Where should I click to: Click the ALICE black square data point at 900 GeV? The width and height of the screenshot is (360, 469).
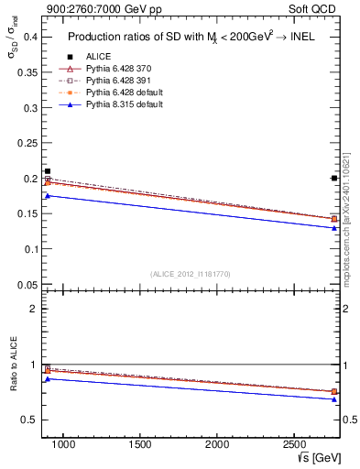(x=48, y=171)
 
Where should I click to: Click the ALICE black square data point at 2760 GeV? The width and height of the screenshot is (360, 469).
(x=334, y=178)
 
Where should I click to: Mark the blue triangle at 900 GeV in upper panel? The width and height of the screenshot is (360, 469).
(x=48, y=195)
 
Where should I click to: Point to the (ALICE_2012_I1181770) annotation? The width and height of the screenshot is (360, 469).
(x=190, y=274)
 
